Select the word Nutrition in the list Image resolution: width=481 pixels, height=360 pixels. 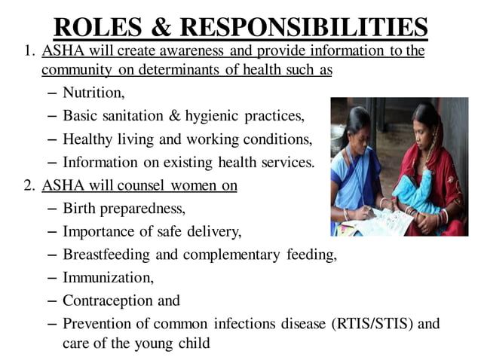93,94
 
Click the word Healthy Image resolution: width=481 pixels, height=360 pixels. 87,139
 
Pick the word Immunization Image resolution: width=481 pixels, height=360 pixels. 107,277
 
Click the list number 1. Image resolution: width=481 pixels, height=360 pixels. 29,51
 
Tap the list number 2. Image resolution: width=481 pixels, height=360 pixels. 29,185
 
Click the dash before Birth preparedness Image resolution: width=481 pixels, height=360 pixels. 51,209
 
